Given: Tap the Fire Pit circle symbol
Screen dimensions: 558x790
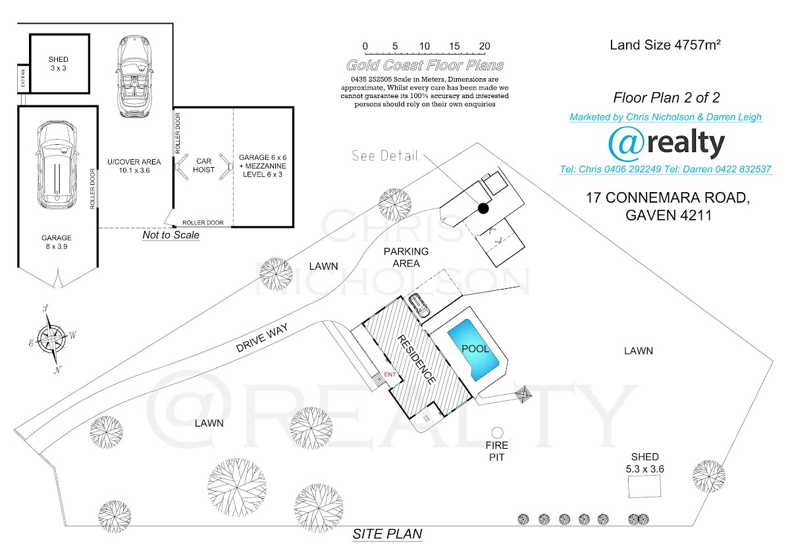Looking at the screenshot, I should pos(497,432).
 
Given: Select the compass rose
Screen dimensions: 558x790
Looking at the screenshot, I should pos(51,338).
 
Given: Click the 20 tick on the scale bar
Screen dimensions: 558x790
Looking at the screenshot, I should pos(485,51).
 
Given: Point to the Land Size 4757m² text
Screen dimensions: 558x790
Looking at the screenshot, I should pos(666,45).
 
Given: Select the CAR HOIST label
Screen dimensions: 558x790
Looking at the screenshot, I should pos(203,165).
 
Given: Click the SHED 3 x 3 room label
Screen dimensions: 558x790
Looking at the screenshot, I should pos(58,64).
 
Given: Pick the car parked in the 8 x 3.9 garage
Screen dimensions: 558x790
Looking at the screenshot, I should pos(57,165).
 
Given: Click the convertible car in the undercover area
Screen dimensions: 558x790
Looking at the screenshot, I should pos(136,76).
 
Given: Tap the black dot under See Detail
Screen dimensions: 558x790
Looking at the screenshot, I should pos(483,209).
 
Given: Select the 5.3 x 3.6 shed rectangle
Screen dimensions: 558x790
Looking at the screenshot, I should pos(645,487).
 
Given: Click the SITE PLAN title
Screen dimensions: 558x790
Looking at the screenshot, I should pos(387,534).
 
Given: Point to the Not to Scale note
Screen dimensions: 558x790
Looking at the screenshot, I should pos(171,235).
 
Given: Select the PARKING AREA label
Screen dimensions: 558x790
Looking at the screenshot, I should pos(406,257).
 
